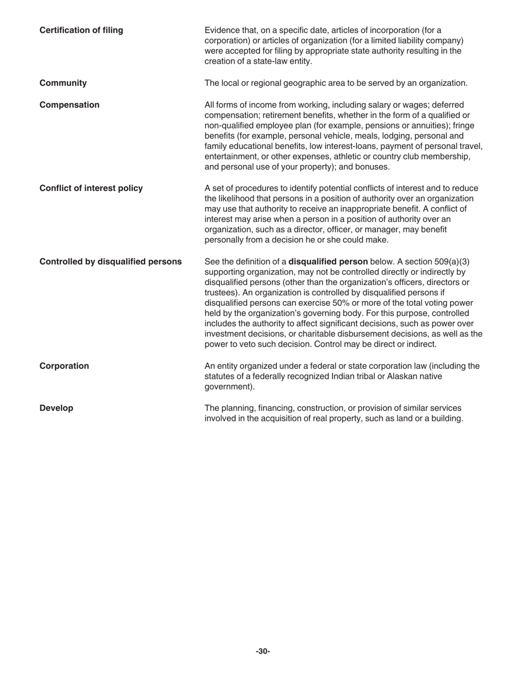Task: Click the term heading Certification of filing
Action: tap(81, 30)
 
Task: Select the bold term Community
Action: tap(63, 83)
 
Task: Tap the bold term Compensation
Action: tap(69, 105)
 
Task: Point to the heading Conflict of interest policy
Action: tap(91, 188)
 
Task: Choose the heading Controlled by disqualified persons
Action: tap(110, 261)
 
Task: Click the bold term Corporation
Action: tap(64, 366)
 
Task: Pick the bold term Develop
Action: tap(56, 408)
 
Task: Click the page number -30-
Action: tap(263, 651)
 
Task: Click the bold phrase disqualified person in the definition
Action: tap(328, 261)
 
